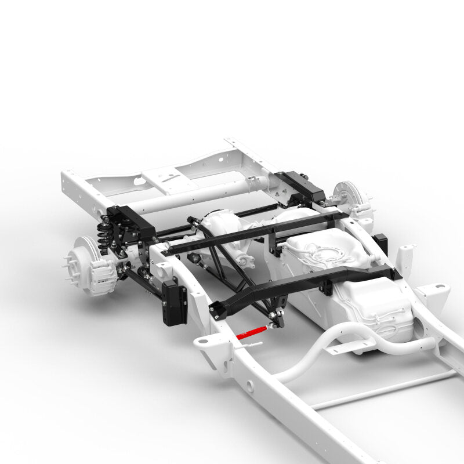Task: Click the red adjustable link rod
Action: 252,332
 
